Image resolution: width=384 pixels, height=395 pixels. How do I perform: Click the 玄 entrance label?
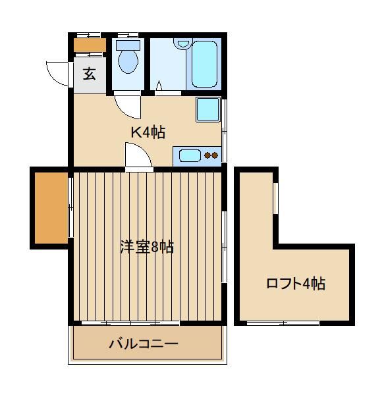pos(90,74)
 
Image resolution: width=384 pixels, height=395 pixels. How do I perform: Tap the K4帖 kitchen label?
pos(148,132)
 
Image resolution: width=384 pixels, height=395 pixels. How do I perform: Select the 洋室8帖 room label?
pos(147,247)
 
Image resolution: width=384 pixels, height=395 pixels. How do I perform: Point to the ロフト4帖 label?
pos(296,284)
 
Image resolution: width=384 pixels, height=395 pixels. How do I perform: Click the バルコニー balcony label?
pos(144,344)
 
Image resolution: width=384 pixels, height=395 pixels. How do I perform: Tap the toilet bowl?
pos(128,61)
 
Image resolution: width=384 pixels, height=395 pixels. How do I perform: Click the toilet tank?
pos(128,45)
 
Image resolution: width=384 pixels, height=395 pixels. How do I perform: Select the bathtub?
pos(204,65)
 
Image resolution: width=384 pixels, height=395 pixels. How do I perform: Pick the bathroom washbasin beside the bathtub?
pos(183,44)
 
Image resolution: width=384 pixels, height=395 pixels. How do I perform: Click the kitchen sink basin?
pos(190,155)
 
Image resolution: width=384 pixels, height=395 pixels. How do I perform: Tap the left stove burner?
pos(207,155)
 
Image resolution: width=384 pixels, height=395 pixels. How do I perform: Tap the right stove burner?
pos(215,155)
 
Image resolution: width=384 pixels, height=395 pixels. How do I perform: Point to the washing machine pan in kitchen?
pos(208,109)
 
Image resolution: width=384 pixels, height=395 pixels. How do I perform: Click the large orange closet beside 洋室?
pos(51,208)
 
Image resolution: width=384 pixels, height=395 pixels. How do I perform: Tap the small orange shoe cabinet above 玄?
pos(90,45)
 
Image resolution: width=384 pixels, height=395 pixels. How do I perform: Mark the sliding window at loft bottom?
pos(283,323)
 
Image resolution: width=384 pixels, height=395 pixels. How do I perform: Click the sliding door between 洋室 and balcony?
pos(130,323)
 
